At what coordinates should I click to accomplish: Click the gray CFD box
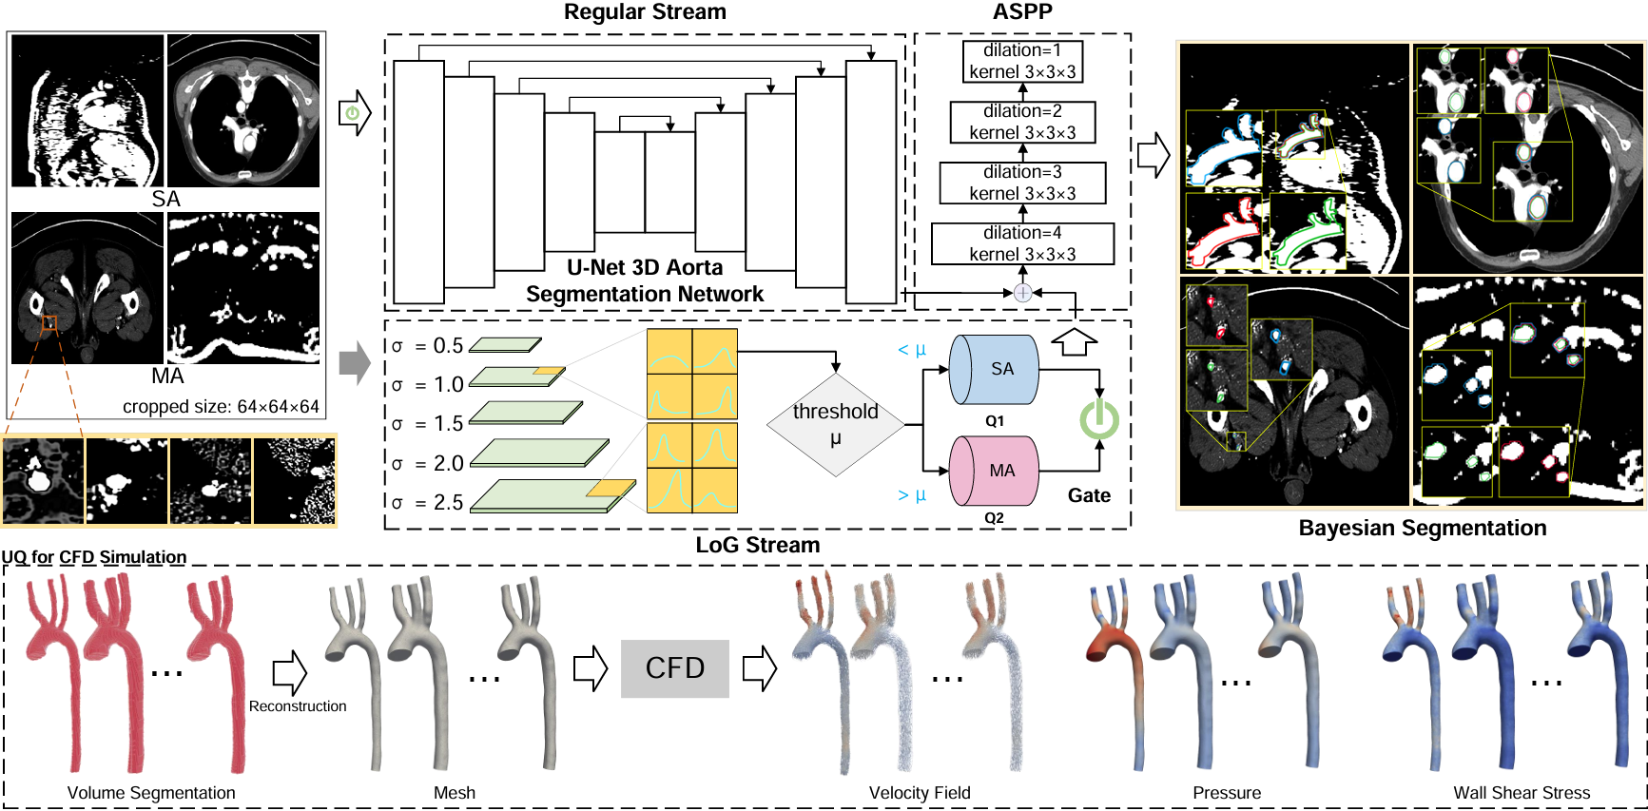[674, 668]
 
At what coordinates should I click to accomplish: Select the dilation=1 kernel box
[1022, 61]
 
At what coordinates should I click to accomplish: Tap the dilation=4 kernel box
[1022, 243]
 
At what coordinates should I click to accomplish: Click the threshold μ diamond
[835, 424]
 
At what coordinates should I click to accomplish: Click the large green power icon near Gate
[1099, 419]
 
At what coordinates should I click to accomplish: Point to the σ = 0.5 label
[428, 346]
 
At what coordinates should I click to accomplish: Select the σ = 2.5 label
[428, 502]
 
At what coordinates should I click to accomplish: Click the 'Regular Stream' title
[645, 12]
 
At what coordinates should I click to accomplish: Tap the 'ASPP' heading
[1022, 12]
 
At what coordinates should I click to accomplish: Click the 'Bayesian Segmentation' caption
[1422, 529]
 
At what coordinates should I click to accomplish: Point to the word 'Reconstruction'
[298, 706]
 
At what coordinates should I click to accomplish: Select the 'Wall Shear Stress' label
[1521, 793]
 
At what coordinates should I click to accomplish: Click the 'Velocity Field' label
[920, 793]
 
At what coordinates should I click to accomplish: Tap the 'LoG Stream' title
[757, 546]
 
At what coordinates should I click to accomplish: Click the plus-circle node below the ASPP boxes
[1022, 293]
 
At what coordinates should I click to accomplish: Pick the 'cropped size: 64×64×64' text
[221, 407]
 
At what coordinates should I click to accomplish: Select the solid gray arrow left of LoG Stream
[355, 362]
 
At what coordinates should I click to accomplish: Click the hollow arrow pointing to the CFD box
[591, 668]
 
